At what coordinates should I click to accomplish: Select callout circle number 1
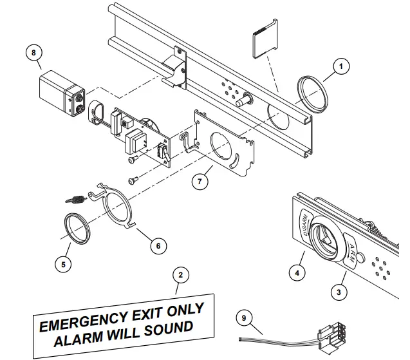(x=342, y=65)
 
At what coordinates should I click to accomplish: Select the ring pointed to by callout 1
(x=312, y=94)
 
